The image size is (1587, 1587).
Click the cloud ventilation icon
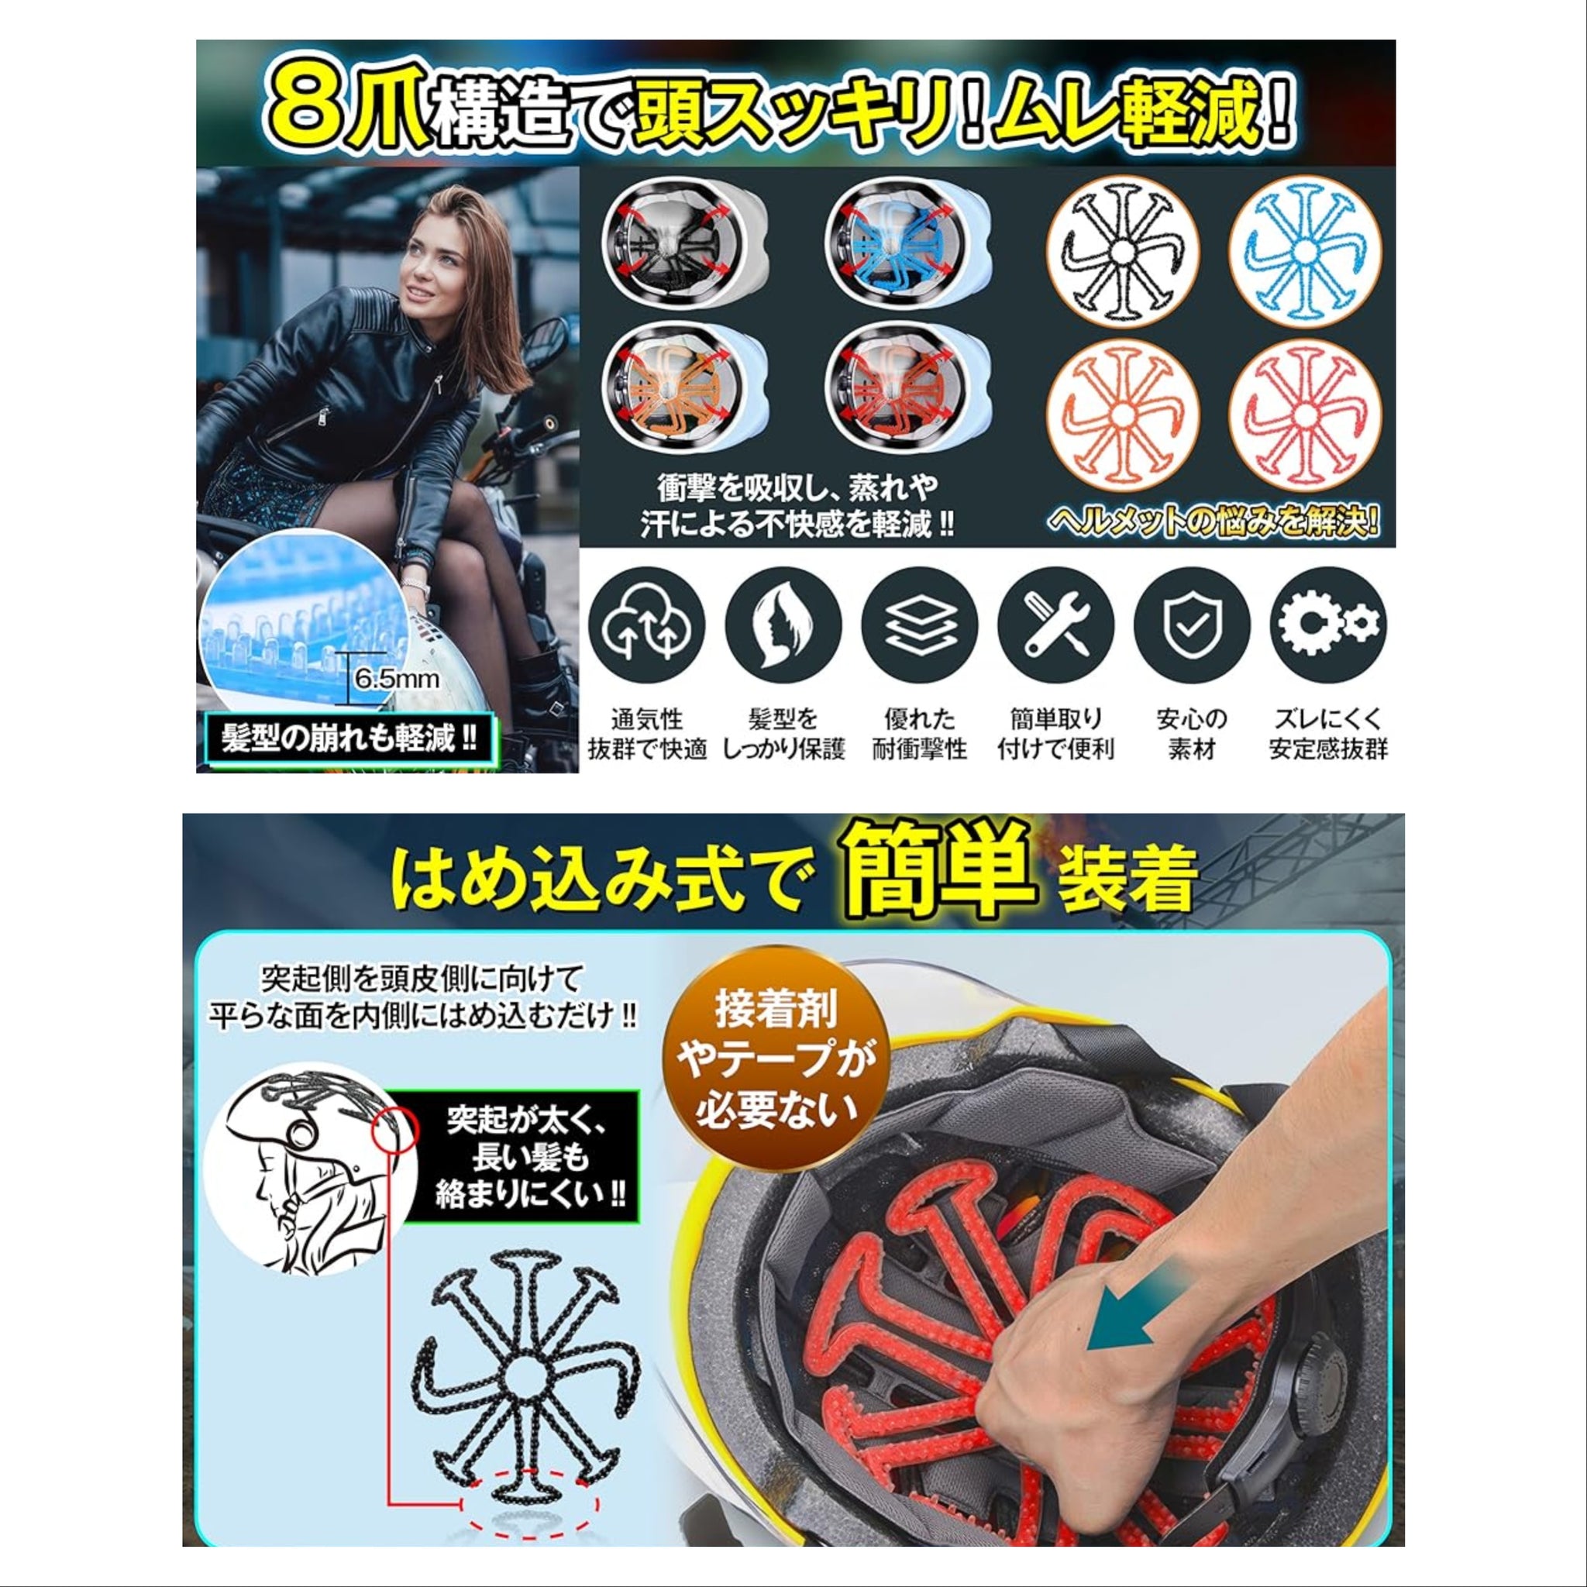pos(646,625)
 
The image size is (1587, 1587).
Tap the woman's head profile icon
pos(783,625)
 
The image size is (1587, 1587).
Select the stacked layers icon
pos(919,625)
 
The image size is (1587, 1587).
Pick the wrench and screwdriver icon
pos(1055,625)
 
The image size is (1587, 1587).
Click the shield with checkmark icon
pos(1191,625)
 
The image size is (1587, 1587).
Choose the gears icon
pos(1327,625)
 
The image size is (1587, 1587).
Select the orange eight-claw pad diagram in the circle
pos(1123,415)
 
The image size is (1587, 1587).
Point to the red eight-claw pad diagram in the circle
pos(1304,415)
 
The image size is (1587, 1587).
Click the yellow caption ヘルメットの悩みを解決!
pos(1213,522)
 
